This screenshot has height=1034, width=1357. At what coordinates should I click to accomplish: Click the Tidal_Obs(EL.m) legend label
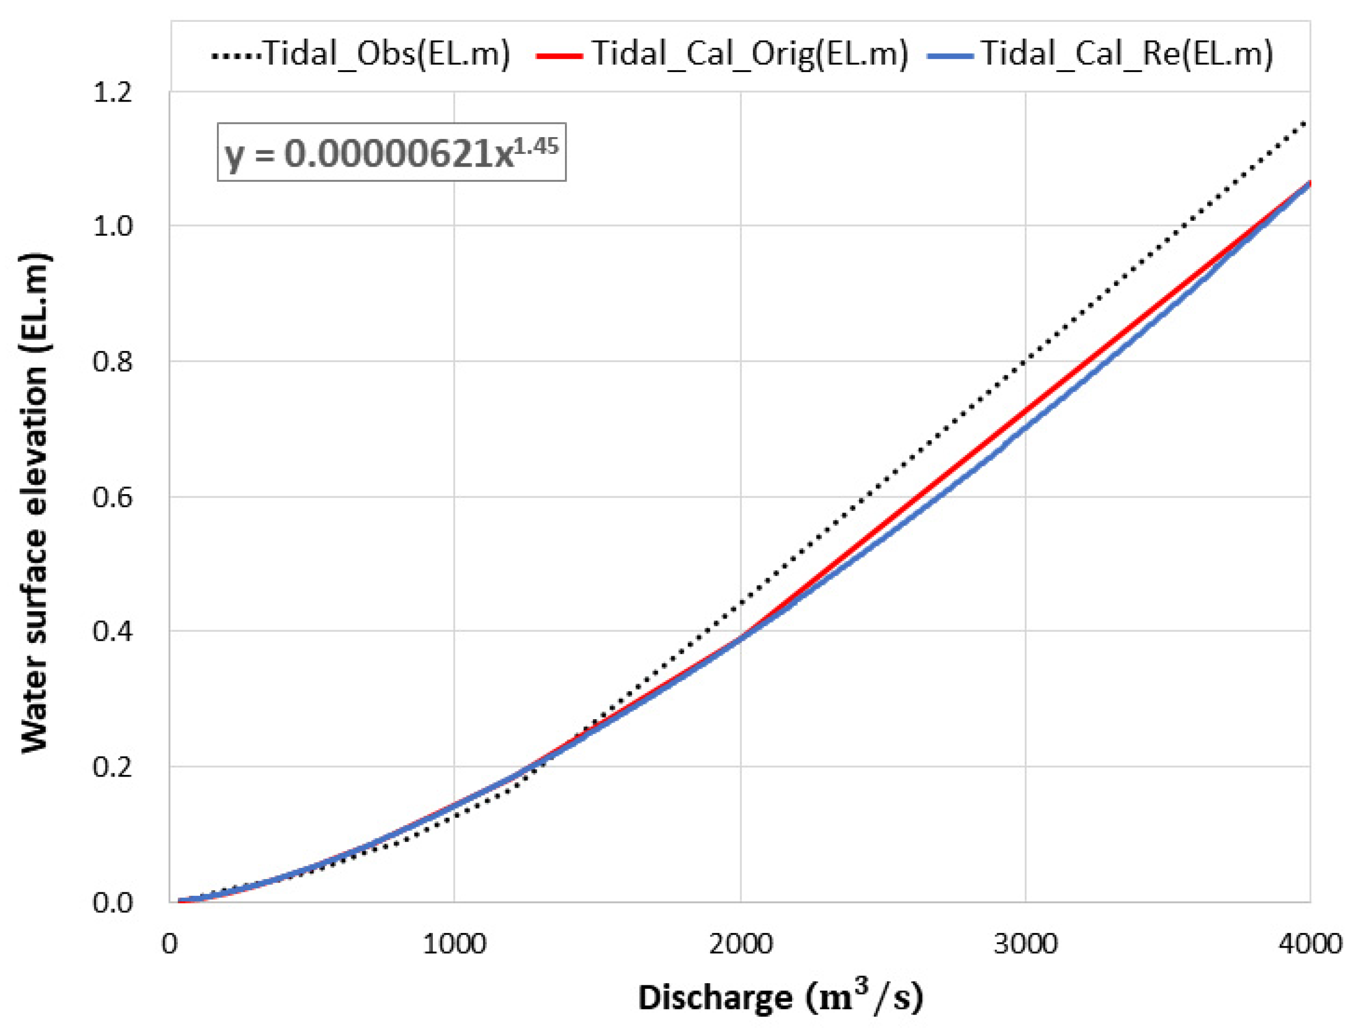tap(387, 54)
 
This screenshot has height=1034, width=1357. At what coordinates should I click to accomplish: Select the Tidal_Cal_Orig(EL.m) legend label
tap(750, 54)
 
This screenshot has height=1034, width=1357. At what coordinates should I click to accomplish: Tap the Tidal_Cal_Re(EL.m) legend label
tap(1126, 54)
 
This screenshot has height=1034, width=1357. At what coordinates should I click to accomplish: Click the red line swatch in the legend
tap(558, 56)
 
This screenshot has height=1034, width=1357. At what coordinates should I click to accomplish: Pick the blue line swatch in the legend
tap(950, 56)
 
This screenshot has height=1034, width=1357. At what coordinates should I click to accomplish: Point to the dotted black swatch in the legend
tap(236, 56)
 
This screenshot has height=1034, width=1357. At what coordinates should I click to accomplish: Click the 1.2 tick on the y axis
tap(112, 92)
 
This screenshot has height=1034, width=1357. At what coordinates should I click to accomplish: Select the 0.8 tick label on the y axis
tap(112, 361)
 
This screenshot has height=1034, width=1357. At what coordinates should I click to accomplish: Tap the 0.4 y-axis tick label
tap(112, 631)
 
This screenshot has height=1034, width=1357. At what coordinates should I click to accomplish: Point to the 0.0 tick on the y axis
tap(112, 902)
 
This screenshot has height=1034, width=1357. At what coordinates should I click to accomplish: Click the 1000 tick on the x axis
tap(454, 944)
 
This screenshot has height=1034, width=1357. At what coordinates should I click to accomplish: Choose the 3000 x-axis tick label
tap(1025, 944)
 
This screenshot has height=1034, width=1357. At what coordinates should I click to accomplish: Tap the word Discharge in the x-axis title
tap(714, 997)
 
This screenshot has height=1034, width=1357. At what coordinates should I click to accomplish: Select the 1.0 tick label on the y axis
tap(112, 226)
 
